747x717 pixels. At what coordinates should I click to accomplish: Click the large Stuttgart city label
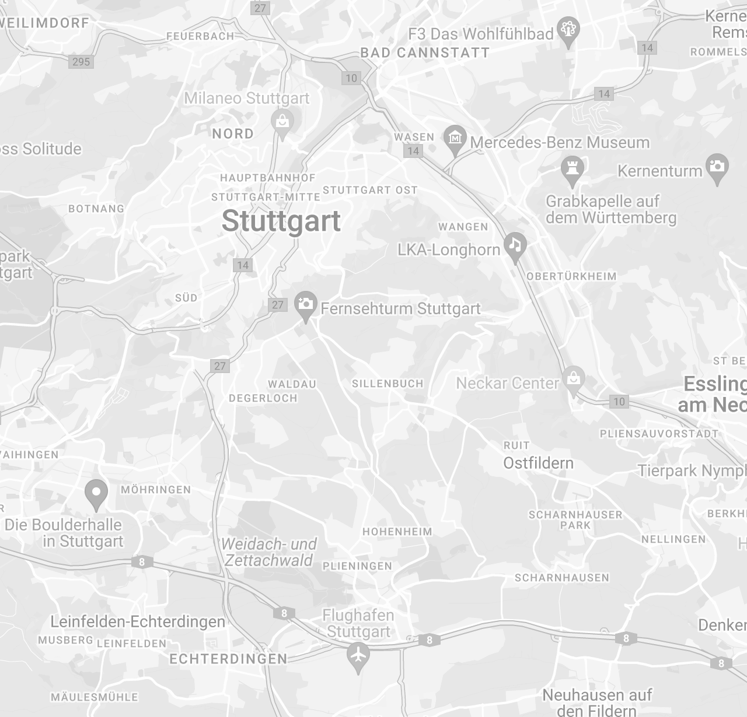[x=281, y=222]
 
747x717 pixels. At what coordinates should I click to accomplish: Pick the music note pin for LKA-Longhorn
[x=515, y=246]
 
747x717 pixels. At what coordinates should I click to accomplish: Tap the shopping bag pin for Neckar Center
[x=574, y=379]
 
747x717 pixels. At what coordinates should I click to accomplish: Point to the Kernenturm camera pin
[x=717, y=168]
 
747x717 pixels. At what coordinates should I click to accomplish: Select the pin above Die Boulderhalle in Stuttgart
[x=96, y=493]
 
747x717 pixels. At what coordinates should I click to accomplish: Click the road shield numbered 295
[x=81, y=61]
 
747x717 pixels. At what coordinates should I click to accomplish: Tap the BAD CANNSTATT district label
[x=425, y=52]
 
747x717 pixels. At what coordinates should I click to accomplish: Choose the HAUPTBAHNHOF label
[x=268, y=177]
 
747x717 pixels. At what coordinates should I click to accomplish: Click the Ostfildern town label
[x=539, y=463]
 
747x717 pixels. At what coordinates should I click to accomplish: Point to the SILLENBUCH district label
[x=388, y=384]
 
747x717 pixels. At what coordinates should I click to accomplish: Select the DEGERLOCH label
[x=263, y=398]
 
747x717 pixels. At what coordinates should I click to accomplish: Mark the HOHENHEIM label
[x=397, y=532]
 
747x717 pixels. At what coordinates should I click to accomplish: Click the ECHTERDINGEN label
[x=228, y=659]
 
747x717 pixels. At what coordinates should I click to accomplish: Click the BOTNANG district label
[x=96, y=208]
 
